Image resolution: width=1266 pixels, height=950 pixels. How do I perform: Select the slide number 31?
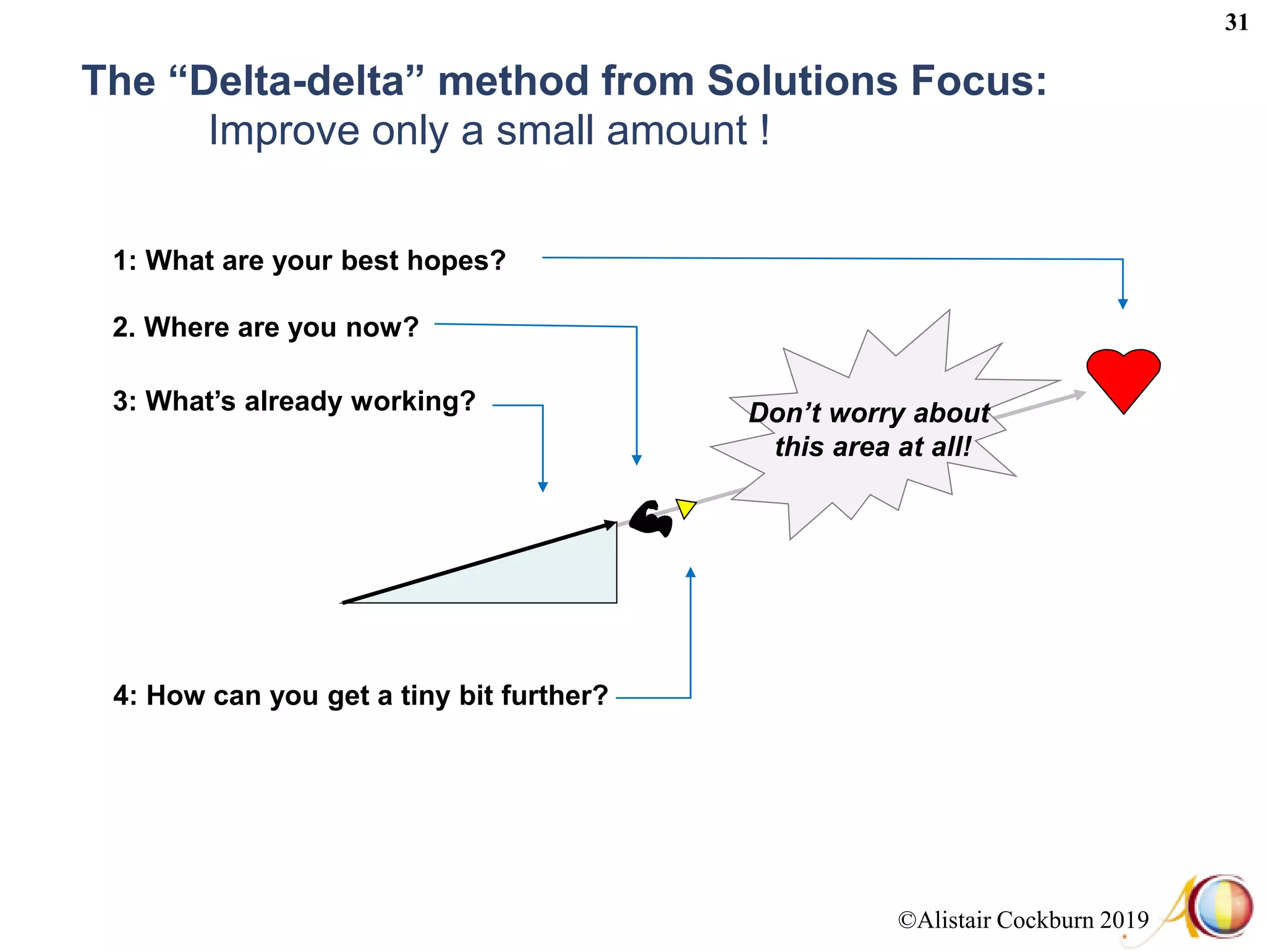tap(1236, 23)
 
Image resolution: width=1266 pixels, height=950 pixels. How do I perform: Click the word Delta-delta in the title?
tap(297, 81)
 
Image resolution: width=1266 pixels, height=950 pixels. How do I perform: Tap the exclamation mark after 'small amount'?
tap(765, 130)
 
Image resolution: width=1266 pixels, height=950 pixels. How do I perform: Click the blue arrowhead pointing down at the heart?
tap(1123, 304)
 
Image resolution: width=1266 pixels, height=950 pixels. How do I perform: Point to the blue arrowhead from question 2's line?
tap(637, 460)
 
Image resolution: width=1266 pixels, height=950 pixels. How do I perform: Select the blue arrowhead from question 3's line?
tap(543, 487)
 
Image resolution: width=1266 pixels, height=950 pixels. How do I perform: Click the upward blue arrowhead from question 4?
tap(690, 573)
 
